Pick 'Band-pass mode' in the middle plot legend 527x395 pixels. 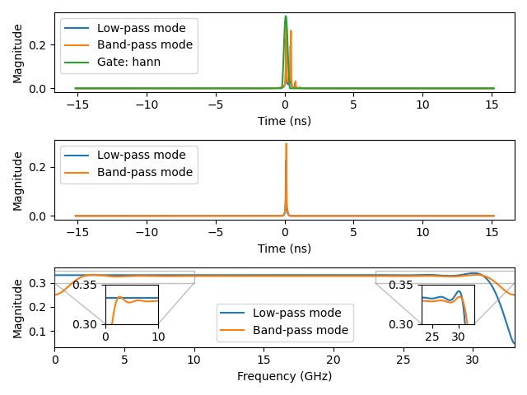click(145, 172)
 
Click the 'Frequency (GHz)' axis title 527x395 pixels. click(284, 376)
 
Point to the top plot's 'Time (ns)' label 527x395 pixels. click(284, 120)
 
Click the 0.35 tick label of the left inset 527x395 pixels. click(86, 285)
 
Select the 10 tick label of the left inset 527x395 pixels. click(158, 337)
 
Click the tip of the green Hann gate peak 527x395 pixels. click(286, 16)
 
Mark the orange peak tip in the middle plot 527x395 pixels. click(286, 144)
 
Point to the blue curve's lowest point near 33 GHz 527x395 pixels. click(514, 343)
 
